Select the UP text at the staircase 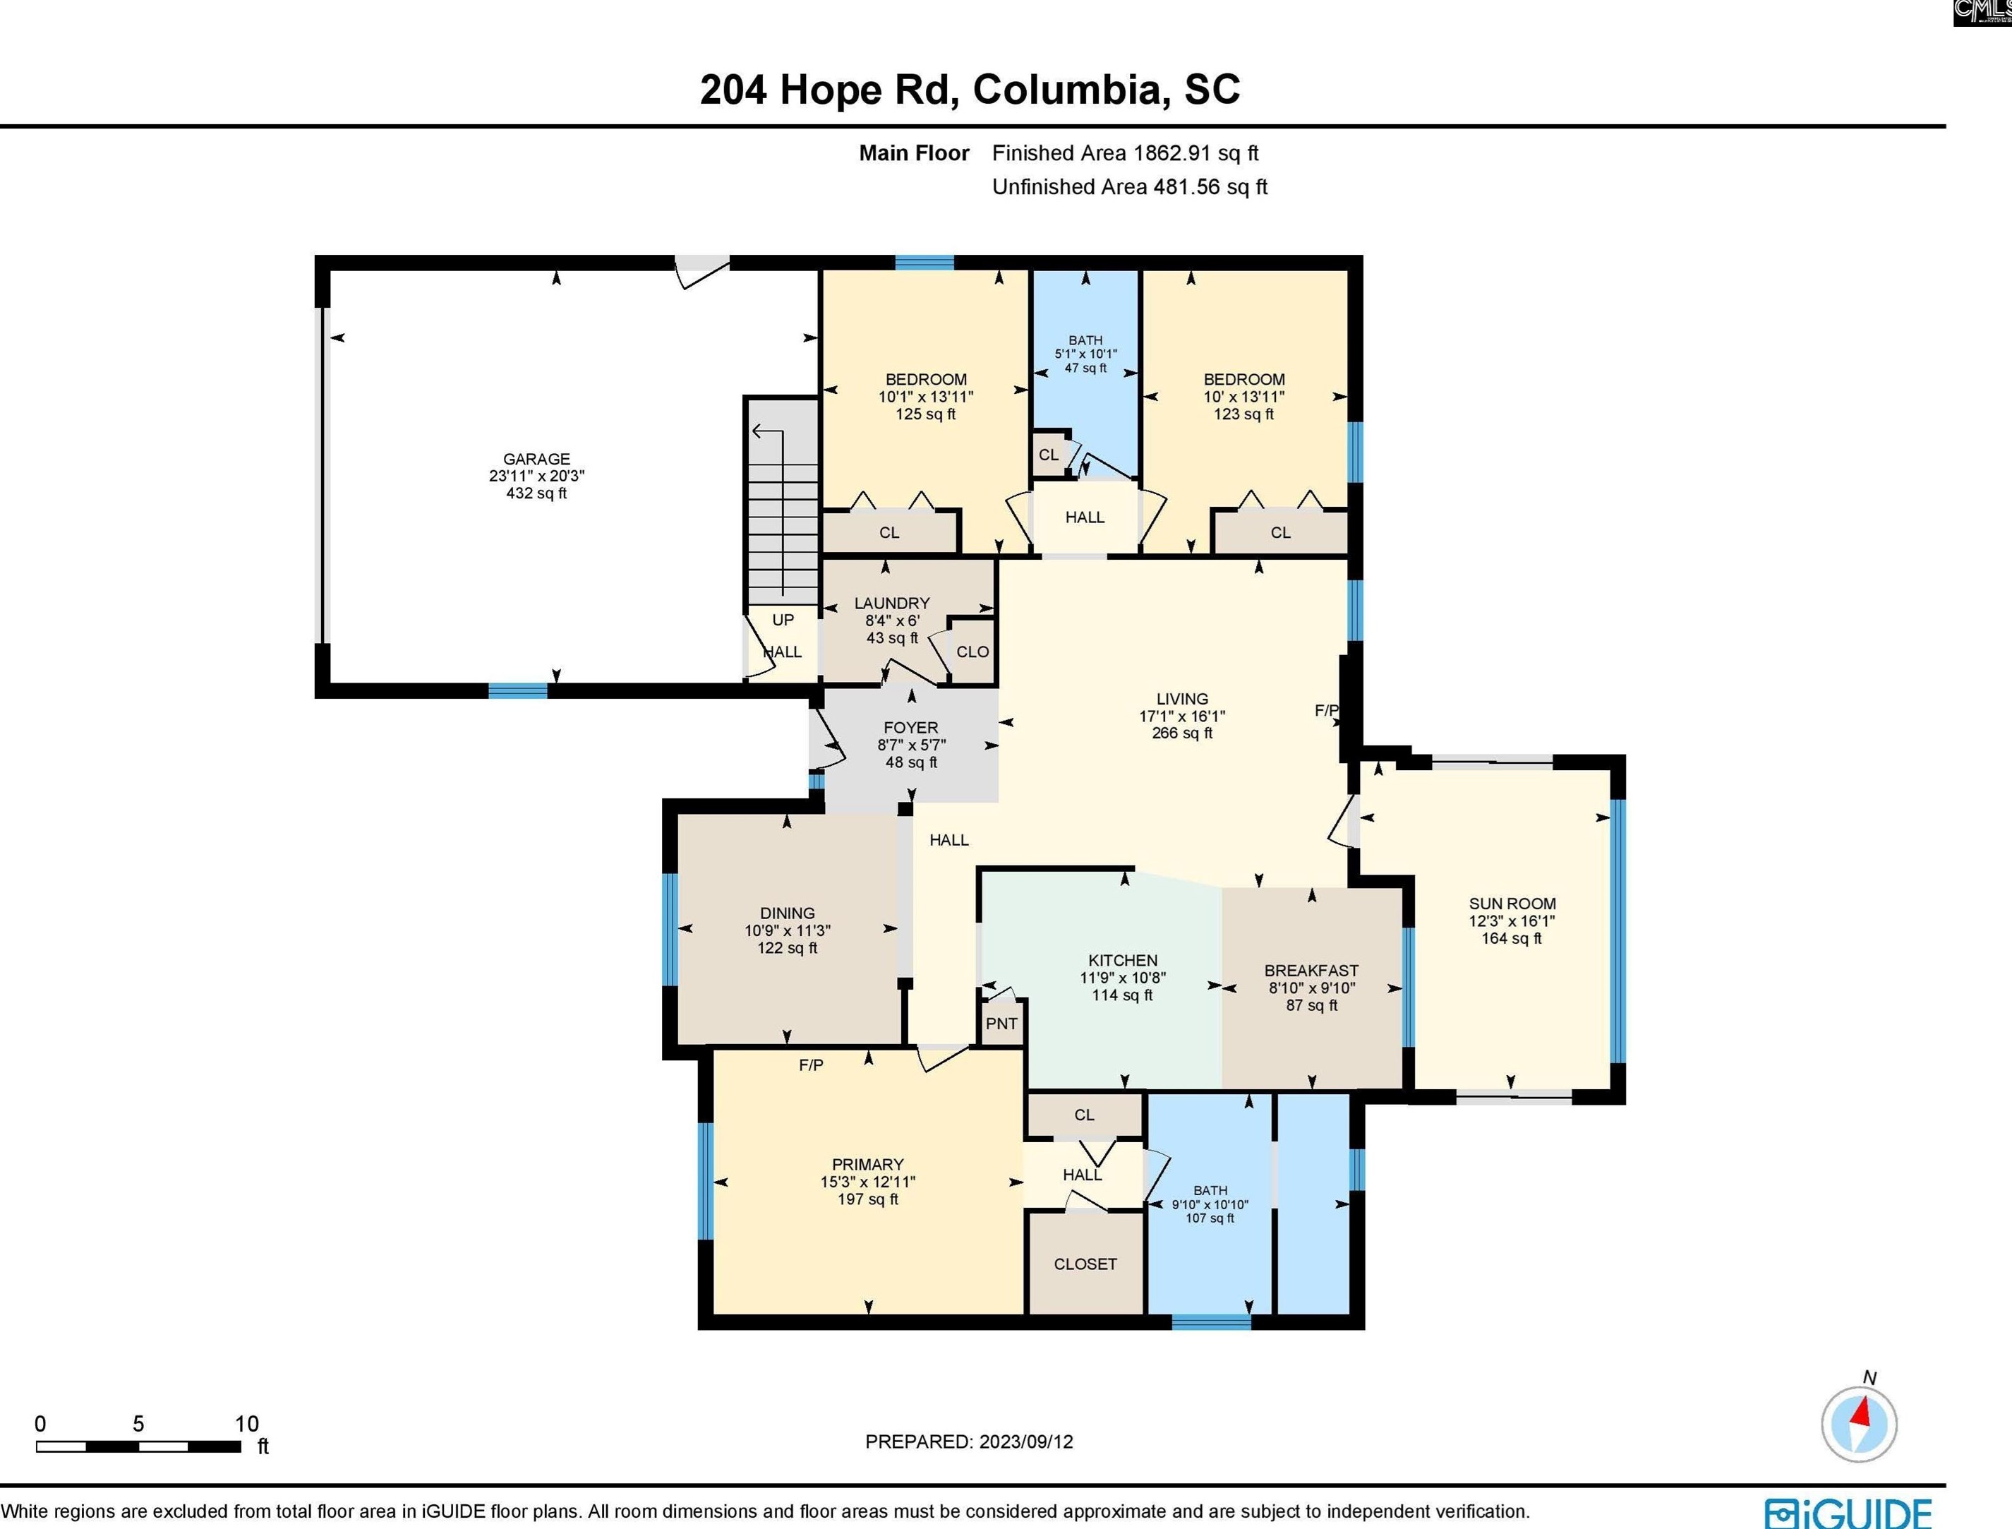(783, 620)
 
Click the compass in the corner (1858, 1425)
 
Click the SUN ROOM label (1512, 904)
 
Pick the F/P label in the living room (1326, 710)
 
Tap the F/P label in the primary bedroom (811, 1065)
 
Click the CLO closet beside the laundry (972, 652)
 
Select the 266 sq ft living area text (1181, 733)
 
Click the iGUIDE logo (1848, 1513)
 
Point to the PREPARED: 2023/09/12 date (968, 1441)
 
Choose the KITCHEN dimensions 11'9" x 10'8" (1122, 978)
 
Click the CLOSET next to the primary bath (1085, 1264)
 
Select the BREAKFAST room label (1311, 971)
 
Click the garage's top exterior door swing (701, 270)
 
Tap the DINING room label (787, 913)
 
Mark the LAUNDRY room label (892, 604)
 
